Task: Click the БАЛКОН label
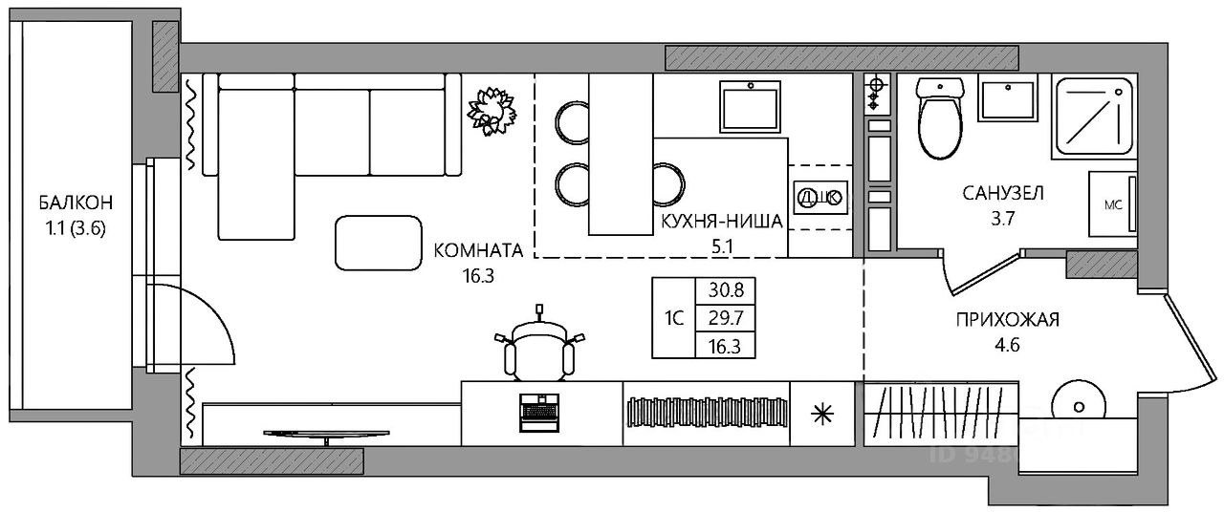point(76,203)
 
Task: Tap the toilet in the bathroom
point(936,123)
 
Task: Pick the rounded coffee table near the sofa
point(379,241)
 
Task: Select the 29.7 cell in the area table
point(726,318)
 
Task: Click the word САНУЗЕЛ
point(1003,194)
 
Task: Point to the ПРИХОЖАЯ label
point(1008,320)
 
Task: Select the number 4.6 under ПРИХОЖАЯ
point(1008,346)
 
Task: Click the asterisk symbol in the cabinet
point(821,414)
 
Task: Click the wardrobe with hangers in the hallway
point(940,414)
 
